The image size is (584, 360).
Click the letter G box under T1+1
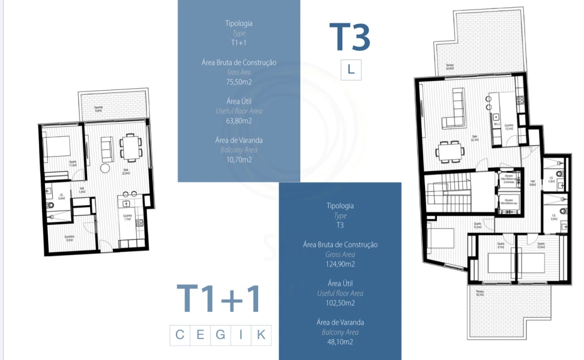[x=221, y=335]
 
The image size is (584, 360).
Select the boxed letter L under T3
[x=351, y=70]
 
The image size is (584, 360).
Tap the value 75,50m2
[x=239, y=82]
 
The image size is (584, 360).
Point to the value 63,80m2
[x=239, y=120]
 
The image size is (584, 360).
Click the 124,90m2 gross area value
[x=340, y=264]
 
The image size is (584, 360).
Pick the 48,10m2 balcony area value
[x=340, y=342]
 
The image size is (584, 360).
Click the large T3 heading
[x=350, y=37]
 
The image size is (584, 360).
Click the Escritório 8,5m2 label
[x=69, y=238]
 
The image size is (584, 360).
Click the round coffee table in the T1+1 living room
[x=106, y=167]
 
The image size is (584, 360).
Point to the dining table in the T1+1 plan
[x=131, y=147]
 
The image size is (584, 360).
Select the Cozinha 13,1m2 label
[x=508, y=127]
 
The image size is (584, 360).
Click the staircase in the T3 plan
[x=448, y=192]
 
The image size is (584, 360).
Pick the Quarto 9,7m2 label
[x=500, y=245]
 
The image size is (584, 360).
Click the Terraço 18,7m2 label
[x=480, y=293]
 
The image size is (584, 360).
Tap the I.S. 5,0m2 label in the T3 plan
[x=554, y=217]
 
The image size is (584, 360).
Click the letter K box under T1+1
[x=261, y=335]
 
